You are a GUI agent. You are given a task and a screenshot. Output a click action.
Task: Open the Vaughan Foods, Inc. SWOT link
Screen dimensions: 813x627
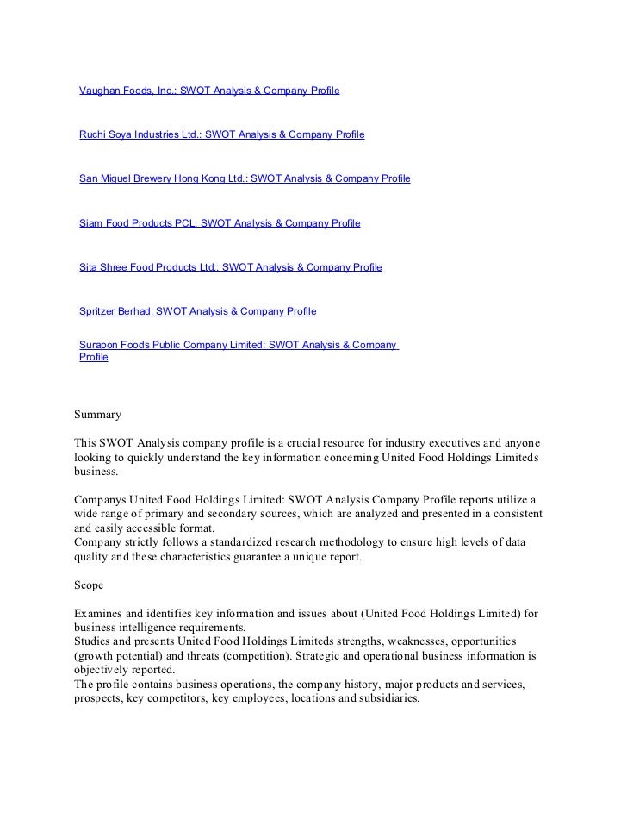[209, 90]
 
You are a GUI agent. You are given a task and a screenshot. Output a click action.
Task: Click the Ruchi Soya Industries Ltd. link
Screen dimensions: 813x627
[221, 134]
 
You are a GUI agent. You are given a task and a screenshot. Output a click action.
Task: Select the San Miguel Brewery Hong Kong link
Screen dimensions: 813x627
[245, 178]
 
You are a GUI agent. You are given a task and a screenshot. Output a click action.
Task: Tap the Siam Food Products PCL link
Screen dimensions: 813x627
[220, 223]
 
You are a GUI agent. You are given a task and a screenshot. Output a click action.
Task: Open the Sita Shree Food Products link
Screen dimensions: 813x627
[230, 267]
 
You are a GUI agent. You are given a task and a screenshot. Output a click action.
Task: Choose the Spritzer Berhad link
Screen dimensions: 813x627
[197, 311]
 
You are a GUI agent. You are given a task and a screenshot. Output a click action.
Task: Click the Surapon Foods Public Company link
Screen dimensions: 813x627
[238, 345]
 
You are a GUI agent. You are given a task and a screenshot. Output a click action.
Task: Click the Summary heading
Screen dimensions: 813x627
[98, 415]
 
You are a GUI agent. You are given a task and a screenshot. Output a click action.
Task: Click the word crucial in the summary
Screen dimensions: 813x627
[313, 442]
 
